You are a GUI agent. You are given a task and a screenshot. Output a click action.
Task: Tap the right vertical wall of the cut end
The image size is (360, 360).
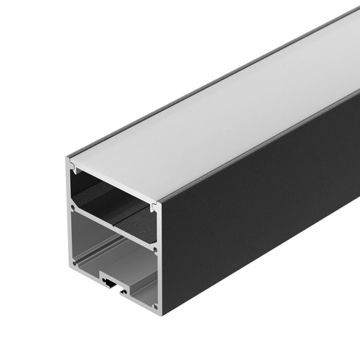pos(158,256)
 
